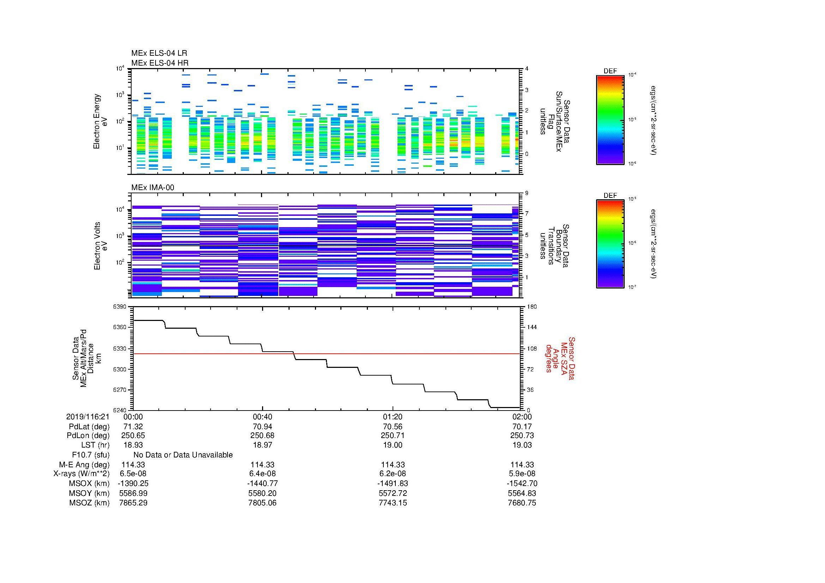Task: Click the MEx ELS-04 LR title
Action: pos(159,53)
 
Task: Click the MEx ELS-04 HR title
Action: pos(159,63)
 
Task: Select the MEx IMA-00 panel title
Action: pos(152,188)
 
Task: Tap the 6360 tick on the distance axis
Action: pos(120,327)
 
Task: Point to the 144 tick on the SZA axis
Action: pos(532,327)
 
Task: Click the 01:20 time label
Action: pos(392,417)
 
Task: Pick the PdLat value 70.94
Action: pos(262,426)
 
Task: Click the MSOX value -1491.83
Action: pos(392,484)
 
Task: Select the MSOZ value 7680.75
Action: pos(522,503)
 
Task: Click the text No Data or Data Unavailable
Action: pos(183,455)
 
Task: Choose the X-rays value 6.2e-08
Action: pos(392,474)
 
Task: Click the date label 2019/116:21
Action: pos(88,417)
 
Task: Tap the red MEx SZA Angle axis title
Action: pos(560,358)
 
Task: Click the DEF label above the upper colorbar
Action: pos(610,71)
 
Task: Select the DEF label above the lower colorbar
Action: pos(610,195)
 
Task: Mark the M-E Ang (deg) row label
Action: pos(84,464)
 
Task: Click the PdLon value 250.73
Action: pos(522,435)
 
